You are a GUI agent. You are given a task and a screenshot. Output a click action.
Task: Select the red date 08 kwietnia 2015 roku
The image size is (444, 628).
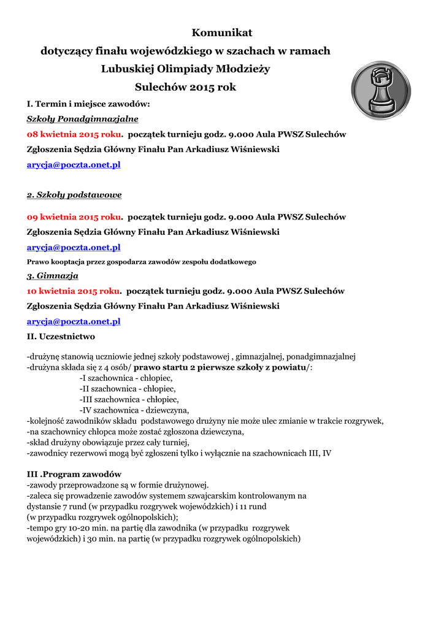point(74,134)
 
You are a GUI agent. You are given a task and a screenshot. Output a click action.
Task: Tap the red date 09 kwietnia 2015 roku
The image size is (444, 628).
point(74,217)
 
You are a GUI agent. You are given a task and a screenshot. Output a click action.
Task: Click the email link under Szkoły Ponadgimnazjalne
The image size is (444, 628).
point(74,164)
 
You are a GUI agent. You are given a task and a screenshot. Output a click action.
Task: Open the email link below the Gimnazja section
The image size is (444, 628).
point(74,321)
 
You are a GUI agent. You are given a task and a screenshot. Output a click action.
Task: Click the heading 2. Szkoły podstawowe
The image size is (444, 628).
point(74,195)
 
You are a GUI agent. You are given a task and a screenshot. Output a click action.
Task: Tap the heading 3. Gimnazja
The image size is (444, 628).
point(52,276)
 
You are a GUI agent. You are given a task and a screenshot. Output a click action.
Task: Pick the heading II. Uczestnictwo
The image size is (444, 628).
point(61,337)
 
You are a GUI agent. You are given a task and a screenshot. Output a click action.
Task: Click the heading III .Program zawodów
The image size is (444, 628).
point(74,474)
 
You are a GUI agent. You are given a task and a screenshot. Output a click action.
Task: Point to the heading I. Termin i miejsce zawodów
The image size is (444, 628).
point(88,104)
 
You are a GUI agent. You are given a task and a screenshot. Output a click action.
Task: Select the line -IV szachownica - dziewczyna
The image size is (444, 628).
point(134,410)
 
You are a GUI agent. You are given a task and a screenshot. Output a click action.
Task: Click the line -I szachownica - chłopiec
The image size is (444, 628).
point(126,378)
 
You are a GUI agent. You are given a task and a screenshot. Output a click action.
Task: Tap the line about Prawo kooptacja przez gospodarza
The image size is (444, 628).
point(141,262)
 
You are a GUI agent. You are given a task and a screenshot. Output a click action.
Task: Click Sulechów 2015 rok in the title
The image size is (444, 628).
point(185,88)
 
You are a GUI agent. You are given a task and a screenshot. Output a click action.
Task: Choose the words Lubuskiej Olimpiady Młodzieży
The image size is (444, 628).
point(185,69)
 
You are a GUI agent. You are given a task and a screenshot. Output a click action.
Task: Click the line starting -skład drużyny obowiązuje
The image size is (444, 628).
point(108,442)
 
